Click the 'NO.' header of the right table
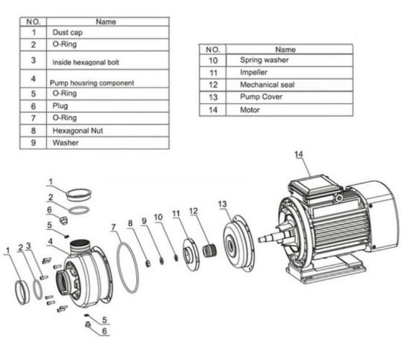[x=213, y=50]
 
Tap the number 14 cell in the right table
[x=213, y=110]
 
